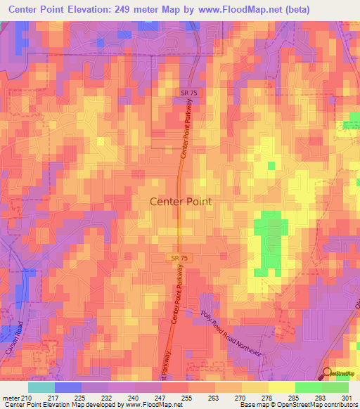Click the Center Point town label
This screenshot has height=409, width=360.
point(181,201)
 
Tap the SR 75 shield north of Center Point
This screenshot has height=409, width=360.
point(185,93)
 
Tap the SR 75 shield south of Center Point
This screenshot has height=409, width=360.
point(179,259)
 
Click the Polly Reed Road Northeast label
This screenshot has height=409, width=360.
point(231,334)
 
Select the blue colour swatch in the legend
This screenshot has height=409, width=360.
point(68,387)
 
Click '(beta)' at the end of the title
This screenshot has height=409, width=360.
point(329,9)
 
